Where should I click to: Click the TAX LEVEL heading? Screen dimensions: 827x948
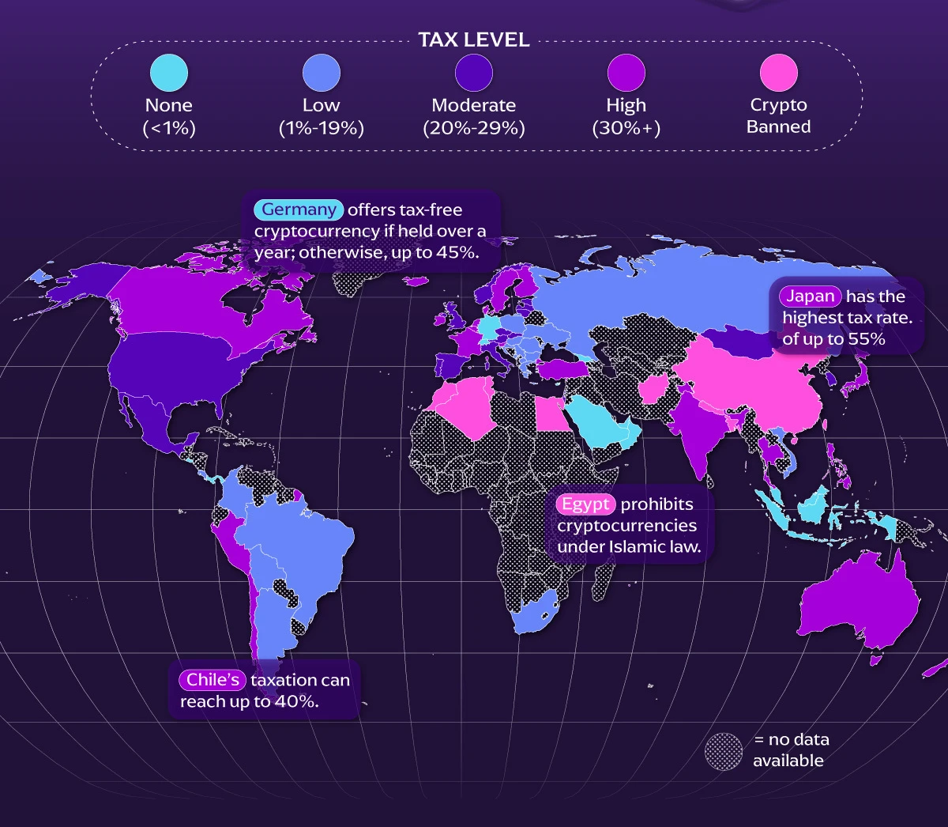(473, 40)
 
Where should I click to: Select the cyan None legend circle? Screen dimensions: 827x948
(169, 74)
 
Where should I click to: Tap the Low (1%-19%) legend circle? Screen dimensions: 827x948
(321, 74)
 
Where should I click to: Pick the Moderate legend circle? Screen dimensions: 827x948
(474, 74)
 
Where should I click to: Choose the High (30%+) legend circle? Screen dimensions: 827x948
(626, 74)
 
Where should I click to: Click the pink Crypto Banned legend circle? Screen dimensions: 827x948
(779, 74)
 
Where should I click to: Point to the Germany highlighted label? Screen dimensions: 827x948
(299, 210)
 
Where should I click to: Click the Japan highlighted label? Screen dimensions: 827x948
(811, 296)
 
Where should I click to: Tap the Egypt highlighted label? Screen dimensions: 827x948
(585, 504)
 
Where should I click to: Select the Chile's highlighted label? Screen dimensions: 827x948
(213, 680)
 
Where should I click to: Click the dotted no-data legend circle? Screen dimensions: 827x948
(724, 751)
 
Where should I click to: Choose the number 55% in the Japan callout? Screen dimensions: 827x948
(867, 340)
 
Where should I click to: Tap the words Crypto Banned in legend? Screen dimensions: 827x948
(779, 116)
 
